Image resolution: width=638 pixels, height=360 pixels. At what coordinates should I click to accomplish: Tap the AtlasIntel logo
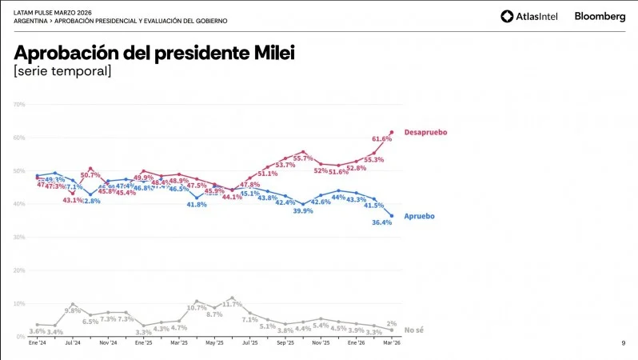[529, 16]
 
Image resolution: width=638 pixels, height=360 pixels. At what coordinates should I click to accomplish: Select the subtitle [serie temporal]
[62, 72]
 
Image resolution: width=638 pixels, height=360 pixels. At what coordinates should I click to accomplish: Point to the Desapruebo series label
[425, 131]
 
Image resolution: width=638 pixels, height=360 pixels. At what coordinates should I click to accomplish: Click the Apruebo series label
[420, 216]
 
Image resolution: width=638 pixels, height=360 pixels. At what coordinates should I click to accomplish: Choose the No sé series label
[413, 330]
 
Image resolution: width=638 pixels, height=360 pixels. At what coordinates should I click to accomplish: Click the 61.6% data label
[381, 138]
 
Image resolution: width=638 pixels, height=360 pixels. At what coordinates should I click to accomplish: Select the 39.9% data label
[302, 211]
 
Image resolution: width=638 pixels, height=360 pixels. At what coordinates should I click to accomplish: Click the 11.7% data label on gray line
[232, 304]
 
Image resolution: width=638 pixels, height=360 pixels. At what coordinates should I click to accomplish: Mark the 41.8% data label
[197, 205]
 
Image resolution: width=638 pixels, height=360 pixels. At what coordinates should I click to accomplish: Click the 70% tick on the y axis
[19, 104]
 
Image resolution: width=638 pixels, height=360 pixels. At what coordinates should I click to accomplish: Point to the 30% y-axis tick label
[19, 237]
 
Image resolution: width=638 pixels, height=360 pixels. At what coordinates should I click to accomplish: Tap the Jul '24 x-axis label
[73, 342]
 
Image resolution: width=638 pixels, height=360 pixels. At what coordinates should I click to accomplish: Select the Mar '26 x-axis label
[391, 342]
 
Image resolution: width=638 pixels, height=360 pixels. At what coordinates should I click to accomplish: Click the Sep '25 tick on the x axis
[285, 342]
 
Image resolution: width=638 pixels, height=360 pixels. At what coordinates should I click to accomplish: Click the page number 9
[623, 343]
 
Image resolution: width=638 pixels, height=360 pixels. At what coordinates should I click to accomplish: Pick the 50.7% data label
[90, 175]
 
